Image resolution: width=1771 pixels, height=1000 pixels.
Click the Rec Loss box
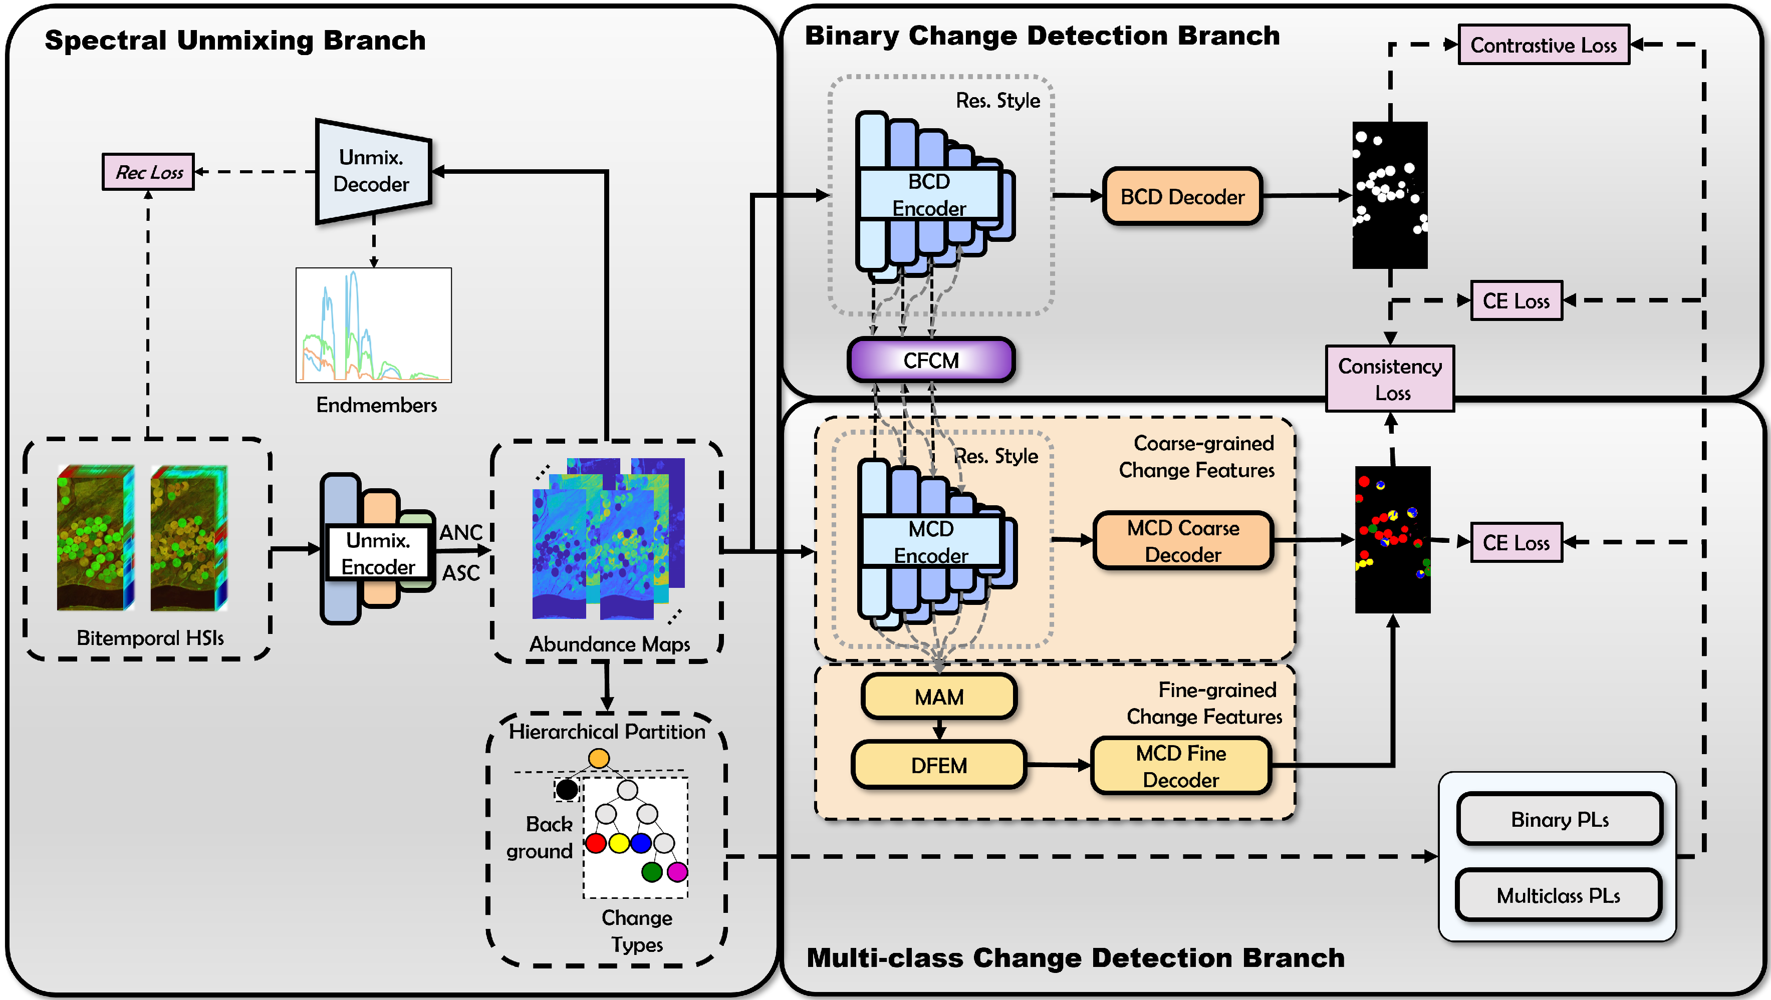pyautogui.click(x=148, y=172)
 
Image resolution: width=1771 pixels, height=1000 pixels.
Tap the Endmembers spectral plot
pyautogui.click(x=373, y=325)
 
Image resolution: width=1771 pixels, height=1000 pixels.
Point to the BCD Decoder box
pyautogui.click(x=1182, y=197)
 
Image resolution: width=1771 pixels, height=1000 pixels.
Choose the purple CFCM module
pyautogui.click(x=931, y=360)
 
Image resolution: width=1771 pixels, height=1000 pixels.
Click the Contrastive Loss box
pyautogui.click(x=1544, y=46)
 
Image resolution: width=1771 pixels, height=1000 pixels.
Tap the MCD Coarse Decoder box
pyautogui.click(x=1182, y=541)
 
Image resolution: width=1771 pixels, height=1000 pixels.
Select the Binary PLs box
pyautogui.click(x=1559, y=819)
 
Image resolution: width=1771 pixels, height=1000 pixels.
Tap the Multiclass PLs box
pyautogui.click(x=1559, y=895)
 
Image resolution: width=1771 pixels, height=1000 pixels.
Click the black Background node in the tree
pyautogui.click(x=567, y=790)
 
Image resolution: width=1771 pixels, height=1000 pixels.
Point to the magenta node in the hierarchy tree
pyautogui.click(x=677, y=872)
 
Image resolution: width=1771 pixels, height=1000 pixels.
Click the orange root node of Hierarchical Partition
pyautogui.click(x=599, y=758)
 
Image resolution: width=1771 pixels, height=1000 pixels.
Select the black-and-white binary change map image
pyautogui.click(x=1389, y=195)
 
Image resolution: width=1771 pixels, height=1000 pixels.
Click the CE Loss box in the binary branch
pyautogui.click(x=1516, y=301)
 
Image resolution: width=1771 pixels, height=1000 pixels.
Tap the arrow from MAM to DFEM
pyautogui.click(x=939, y=729)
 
